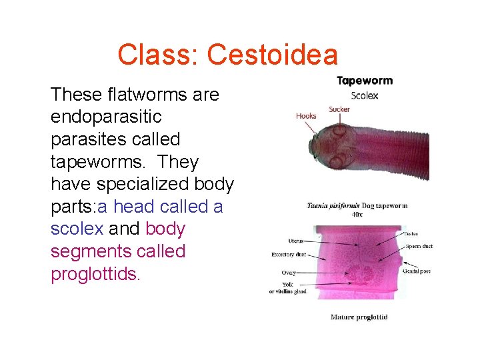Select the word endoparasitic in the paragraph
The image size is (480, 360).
106,117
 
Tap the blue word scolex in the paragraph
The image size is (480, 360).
77,229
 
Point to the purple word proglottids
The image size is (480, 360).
95,274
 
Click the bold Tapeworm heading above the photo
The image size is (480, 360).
365,81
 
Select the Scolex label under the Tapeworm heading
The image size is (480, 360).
365,95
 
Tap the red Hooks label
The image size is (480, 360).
306,116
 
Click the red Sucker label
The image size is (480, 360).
339,109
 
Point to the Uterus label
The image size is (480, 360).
297,241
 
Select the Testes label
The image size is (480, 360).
411,234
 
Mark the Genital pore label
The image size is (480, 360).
417,271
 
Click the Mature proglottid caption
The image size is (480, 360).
359,317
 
